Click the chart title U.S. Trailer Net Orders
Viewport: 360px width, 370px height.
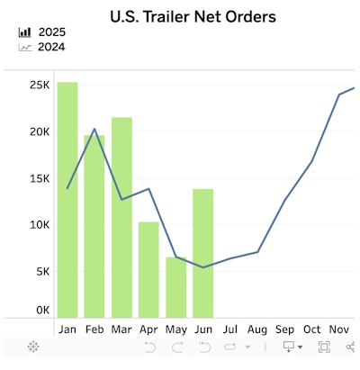(193, 16)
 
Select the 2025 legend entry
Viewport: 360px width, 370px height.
(51, 32)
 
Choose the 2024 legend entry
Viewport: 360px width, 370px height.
(51, 47)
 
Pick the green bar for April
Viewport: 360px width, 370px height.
(148, 268)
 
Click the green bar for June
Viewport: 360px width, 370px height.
(203, 252)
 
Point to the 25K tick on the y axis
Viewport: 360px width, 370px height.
(39, 86)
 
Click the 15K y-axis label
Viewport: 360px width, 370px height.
(39, 178)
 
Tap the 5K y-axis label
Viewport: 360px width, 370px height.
(41, 271)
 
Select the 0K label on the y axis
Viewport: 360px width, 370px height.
(41, 310)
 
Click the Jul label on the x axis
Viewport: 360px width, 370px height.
(230, 329)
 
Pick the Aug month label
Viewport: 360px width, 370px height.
(257, 329)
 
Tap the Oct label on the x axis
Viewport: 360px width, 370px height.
(312, 329)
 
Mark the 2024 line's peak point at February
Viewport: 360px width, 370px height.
(94, 129)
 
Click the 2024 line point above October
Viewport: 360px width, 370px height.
(312, 161)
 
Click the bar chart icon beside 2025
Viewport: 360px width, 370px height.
(24, 32)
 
